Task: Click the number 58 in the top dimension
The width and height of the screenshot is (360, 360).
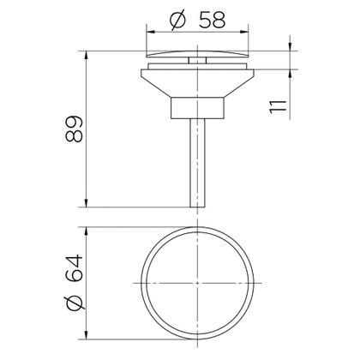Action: pos(212,20)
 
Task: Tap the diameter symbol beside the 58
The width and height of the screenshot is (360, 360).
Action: pos(177,20)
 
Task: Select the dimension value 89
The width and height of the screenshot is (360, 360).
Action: pos(74,129)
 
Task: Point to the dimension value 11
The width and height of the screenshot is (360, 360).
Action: pos(278,107)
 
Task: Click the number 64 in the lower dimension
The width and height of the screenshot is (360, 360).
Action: pos(74,269)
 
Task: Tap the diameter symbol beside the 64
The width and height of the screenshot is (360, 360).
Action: pos(75,303)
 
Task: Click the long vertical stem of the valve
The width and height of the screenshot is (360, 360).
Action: pos(197,163)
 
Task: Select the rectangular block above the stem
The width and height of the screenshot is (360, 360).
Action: pos(197,108)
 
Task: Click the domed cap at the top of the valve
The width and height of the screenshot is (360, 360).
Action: pos(197,54)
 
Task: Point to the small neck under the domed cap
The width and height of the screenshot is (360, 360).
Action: pos(197,60)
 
